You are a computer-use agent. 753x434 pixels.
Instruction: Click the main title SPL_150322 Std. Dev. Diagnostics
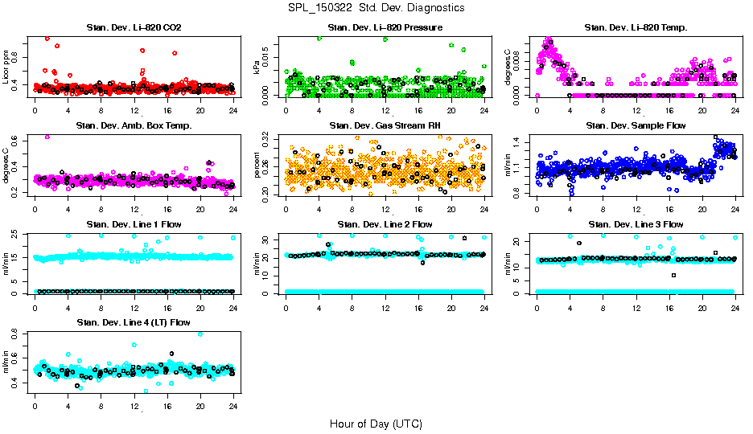coord(376,7)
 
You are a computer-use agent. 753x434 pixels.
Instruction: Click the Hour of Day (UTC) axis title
coord(376,424)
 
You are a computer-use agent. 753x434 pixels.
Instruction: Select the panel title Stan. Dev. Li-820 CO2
coord(134,28)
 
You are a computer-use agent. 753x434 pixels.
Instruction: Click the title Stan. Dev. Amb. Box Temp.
coord(134,126)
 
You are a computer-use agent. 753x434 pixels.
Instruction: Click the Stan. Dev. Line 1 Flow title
coord(134,224)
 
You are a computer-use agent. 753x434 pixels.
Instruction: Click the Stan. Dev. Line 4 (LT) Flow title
coord(134,322)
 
